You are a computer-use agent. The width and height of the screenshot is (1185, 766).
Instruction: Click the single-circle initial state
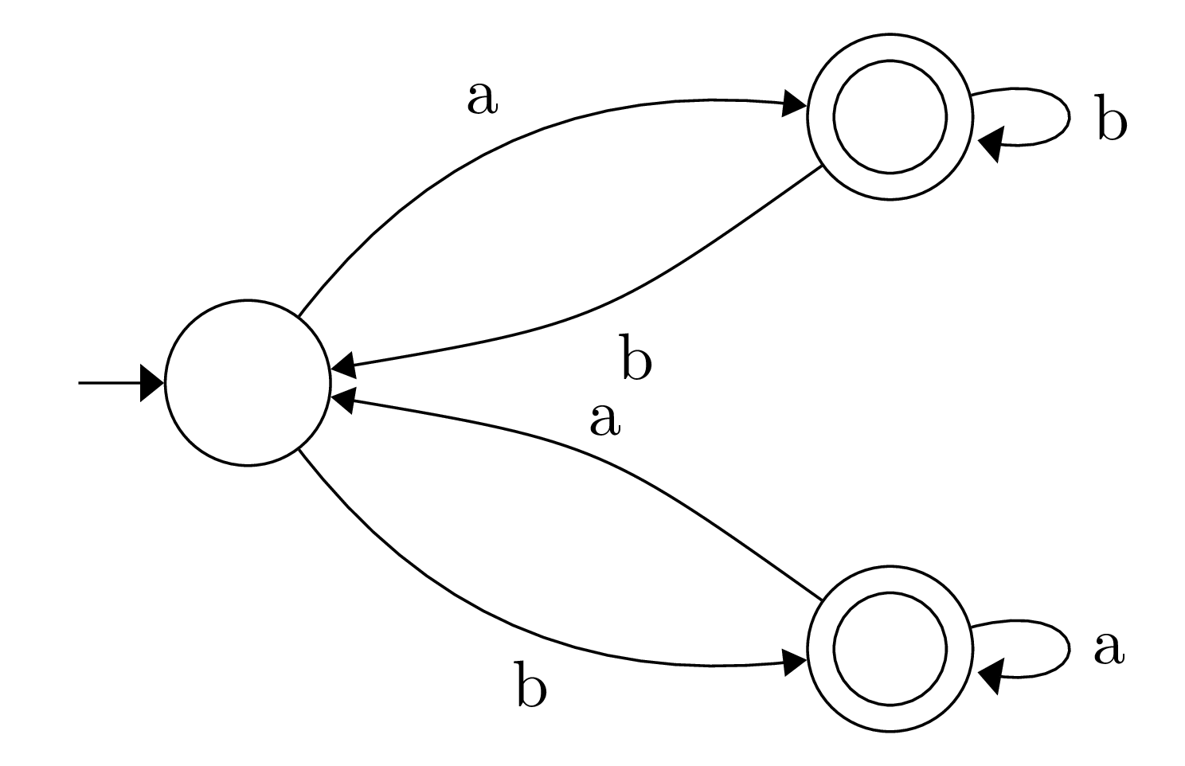coord(247,383)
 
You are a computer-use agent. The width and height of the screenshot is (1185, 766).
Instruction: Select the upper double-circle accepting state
coord(890,117)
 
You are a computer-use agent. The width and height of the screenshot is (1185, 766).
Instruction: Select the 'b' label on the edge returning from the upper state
coord(636,361)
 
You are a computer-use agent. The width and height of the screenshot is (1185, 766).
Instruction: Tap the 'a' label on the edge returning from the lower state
coord(604,421)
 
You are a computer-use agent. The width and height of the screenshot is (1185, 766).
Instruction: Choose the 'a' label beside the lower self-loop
coord(1108,649)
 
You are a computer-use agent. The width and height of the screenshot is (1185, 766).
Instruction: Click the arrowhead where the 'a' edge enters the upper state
coord(795,104)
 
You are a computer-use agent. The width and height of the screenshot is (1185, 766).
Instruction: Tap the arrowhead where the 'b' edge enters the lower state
coord(795,662)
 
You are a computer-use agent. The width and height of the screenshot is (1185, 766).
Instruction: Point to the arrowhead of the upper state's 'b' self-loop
coord(989,145)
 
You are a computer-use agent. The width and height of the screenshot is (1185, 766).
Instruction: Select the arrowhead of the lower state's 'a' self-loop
coord(989,678)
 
